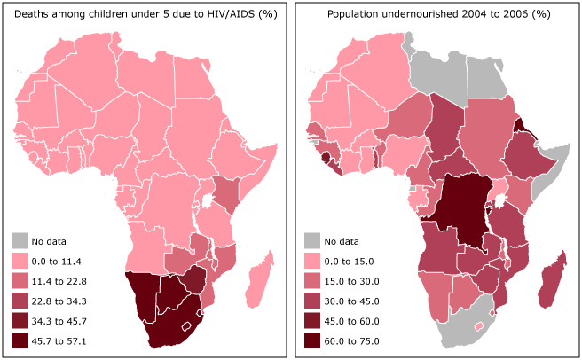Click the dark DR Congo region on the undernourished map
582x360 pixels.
[x=466, y=213]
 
